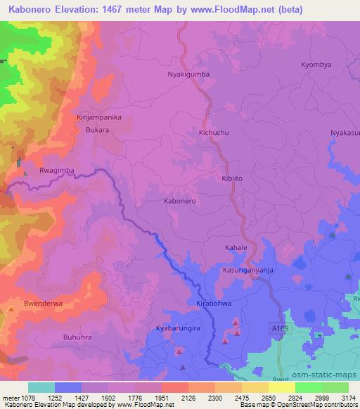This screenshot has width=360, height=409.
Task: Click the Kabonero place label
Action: pyautogui.click(x=179, y=201)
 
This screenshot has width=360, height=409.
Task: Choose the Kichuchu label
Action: pyautogui.click(x=214, y=132)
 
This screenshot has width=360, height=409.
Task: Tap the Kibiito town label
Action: pyautogui.click(x=233, y=179)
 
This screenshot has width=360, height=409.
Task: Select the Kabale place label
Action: pyautogui.click(x=236, y=248)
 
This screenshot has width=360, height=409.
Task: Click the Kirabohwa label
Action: pyautogui.click(x=214, y=304)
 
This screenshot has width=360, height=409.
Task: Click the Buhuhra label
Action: pyautogui.click(x=79, y=337)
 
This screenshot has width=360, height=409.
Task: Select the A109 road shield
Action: pyautogui.click(x=278, y=327)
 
